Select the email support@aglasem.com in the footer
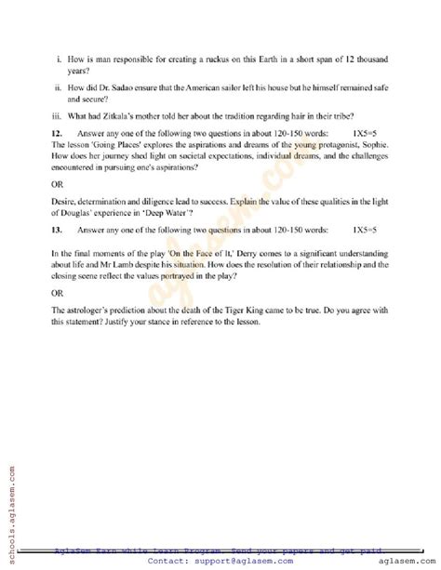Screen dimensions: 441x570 [239, 562]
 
